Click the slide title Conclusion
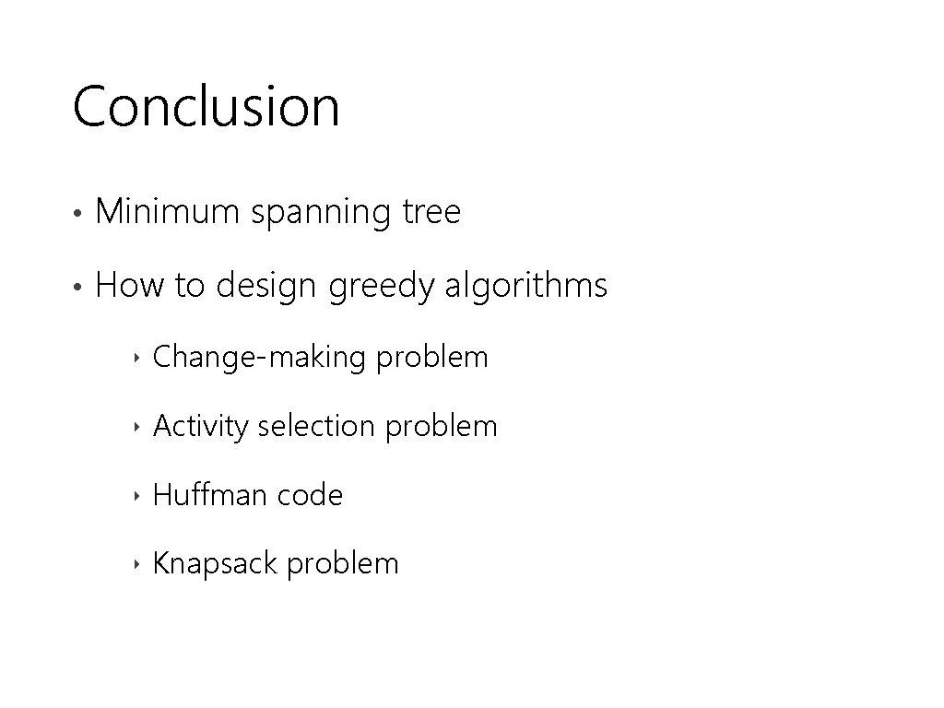[206, 106]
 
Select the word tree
[431, 213]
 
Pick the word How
[129, 286]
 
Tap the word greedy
[382, 288]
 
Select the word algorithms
[526, 286]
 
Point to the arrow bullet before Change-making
[136, 358]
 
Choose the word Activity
[201, 427]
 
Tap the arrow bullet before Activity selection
[136, 427]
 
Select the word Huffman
[209, 495]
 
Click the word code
[310, 496]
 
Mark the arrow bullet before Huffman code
[136, 496]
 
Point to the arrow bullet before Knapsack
[136, 564]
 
